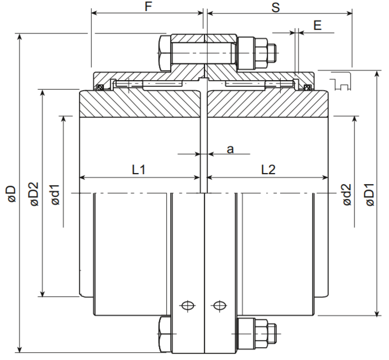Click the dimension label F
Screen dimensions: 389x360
click(x=148, y=7)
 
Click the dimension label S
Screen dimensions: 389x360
click(x=276, y=7)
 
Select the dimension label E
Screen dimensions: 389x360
click(x=317, y=26)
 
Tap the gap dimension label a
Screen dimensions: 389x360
click(x=230, y=149)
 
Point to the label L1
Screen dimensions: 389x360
click(x=138, y=170)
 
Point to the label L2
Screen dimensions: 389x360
click(x=268, y=170)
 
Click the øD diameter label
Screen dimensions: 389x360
click(x=12, y=194)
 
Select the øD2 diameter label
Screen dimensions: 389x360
click(x=34, y=194)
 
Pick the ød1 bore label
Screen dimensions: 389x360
click(x=56, y=195)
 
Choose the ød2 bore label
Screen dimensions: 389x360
click(x=347, y=195)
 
